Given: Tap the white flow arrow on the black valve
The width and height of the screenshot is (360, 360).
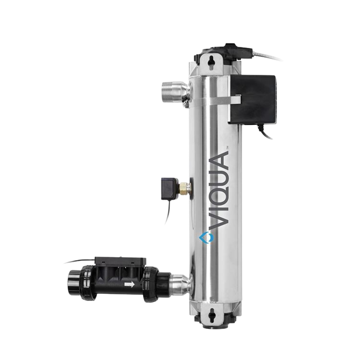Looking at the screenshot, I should tap(128, 284).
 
